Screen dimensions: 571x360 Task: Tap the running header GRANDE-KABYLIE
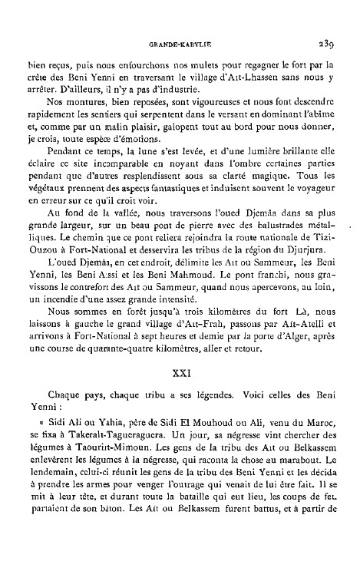180,44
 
